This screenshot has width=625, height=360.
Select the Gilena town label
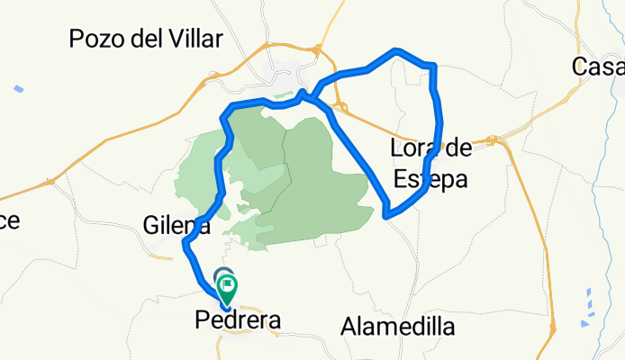[x=177, y=226]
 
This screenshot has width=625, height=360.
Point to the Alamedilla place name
[x=397, y=327]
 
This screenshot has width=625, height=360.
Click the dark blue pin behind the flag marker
[x=222, y=275]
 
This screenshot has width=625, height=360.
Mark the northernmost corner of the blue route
[x=394, y=50]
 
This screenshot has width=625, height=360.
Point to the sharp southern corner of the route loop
[x=385, y=215]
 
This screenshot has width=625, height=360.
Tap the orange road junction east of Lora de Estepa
[x=493, y=139]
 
